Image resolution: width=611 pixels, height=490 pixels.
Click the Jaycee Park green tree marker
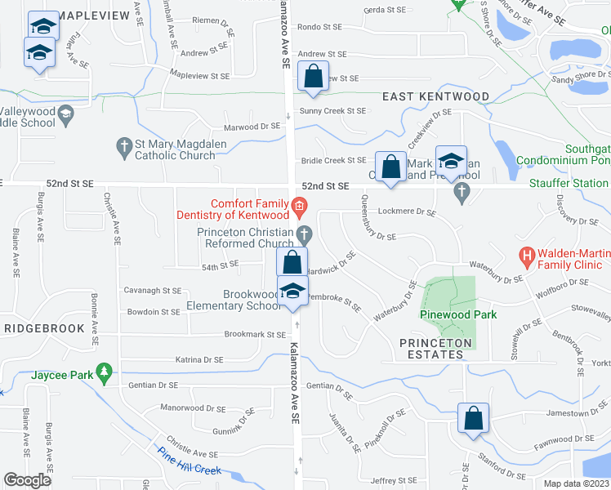(104, 372)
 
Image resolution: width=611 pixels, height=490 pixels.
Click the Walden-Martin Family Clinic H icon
(527, 256)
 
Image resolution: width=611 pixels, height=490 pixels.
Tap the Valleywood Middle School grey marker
(65, 117)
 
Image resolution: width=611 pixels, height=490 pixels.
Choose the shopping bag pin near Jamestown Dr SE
(473, 418)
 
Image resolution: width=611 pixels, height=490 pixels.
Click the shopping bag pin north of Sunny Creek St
(314, 77)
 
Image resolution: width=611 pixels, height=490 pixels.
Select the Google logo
(28, 479)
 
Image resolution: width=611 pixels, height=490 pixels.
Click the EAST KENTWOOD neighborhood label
(436, 96)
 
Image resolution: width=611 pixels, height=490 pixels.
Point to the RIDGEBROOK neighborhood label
(44, 328)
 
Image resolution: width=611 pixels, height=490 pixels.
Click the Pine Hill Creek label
(190, 461)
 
